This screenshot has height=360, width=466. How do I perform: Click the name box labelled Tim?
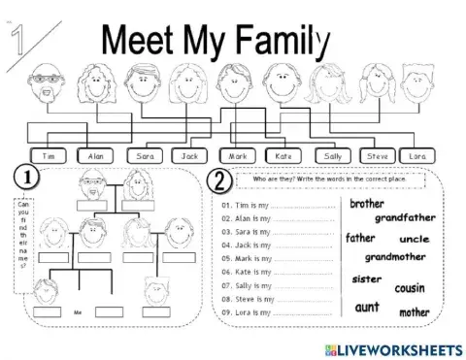pyautogui.click(x=49, y=155)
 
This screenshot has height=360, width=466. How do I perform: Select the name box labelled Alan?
pyautogui.click(x=95, y=155)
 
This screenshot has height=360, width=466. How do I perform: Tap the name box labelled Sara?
pyautogui.click(x=145, y=155)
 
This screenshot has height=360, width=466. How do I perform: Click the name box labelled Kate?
pyautogui.click(x=284, y=155)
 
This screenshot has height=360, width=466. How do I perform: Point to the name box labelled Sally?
pyautogui.click(x=333, y=155)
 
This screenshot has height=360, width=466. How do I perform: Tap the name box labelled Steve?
pyautogui.click(x=379, y=155)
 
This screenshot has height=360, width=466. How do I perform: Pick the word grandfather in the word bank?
pyautogui.click(x=406, y=218)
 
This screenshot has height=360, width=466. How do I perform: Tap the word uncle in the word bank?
pyautogui.click(x=415, y=239)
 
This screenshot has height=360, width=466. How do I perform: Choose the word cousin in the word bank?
pyautogui.click(x=410, y=288)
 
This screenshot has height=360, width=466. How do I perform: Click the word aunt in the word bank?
pyautogui.click(x=367, y=307)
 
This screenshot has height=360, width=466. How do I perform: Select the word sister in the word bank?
pyautogui.click(x=366, y=278)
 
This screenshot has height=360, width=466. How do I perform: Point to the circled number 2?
pyautogui.click(x=220, y=180)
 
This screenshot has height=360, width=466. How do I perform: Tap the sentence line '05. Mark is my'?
pyautogui.click(x=275, y=258)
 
